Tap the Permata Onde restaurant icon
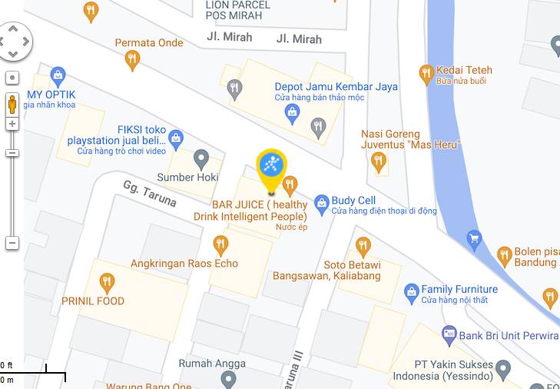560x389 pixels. pyautogui.click(x=133, y=60)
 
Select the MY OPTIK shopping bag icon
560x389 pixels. pyautogui.click(x=57, y=76)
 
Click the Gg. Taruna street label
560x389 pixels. pyautogui.click(x=149, y=194)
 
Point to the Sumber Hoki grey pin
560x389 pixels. pyautogui.click(x=201, y=159)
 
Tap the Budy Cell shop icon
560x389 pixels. pyautogui.click(x=322, y=202)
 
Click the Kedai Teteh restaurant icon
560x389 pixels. pyautogui.click(x=426, y=74)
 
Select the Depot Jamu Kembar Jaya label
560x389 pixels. pyautogui.click(x=336, y=87)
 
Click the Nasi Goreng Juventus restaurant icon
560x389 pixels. pyautogui.click(x=378, y=161)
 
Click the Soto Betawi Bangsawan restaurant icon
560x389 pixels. pyautogui.click(x=363, y=246)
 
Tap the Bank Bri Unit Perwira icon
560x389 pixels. pyautogui.click(x=449, y=334)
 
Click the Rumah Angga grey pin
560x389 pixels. pyautogui.click(x=228, y=378)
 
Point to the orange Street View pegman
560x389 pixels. pyautogui.click(x=12, y=104)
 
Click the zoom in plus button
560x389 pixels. pyautogui.click(x=12, y=124)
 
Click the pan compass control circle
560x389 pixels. pyautogui.click(x=13, y=41)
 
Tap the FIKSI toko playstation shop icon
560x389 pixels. pyautogui.click(x=176, y=139)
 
